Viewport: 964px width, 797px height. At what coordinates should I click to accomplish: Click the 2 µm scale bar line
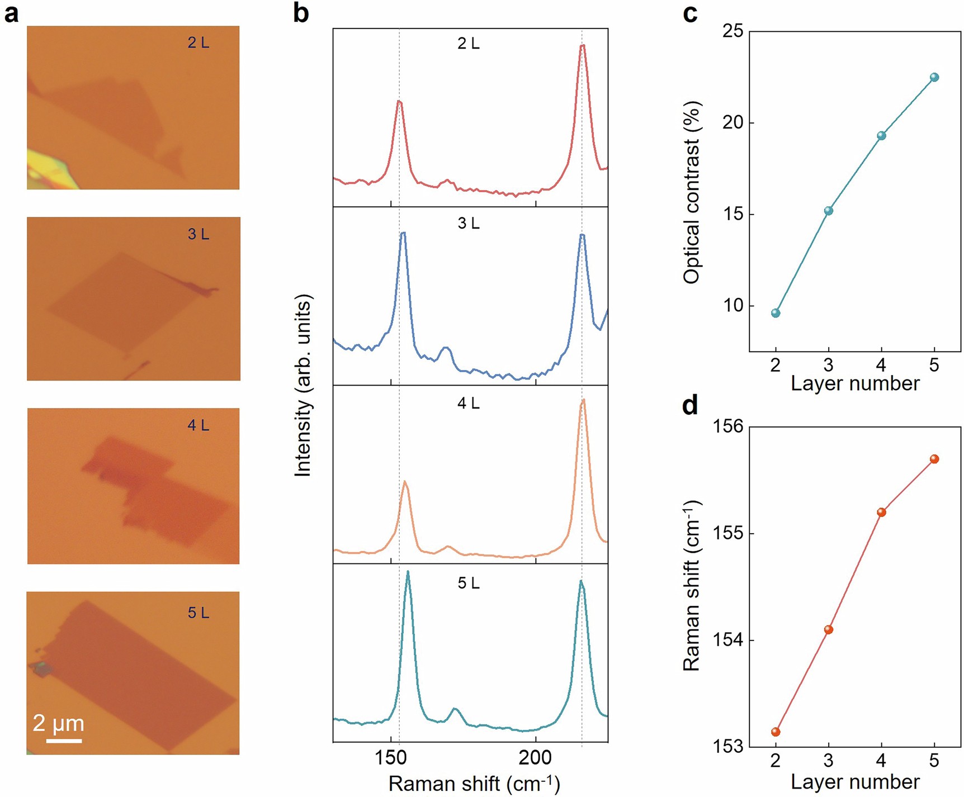(64, 741)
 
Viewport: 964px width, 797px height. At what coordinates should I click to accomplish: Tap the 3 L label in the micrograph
(198, 234)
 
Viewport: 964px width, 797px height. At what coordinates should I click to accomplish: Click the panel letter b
(301, 13)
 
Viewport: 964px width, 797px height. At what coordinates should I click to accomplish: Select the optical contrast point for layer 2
(776, 313)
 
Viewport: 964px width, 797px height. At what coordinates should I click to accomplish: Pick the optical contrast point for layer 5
(934, 77)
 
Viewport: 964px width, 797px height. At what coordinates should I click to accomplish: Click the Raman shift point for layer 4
(882, 512)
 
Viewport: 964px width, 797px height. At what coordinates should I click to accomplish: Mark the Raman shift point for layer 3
(829, 629)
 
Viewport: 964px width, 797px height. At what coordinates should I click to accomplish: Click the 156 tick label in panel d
(728, 426)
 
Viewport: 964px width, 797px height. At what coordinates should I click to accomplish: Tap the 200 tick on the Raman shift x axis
(535, 758)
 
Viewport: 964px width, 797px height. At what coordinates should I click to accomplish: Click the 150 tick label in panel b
(390, 758)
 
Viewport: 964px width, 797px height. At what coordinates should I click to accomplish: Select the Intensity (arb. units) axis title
(303, 386)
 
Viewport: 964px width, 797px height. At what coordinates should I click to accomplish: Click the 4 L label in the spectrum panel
(469, 403)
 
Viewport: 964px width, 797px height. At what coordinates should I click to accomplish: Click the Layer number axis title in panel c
(855, 383)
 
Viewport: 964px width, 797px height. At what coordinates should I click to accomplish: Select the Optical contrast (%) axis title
(692, 193)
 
